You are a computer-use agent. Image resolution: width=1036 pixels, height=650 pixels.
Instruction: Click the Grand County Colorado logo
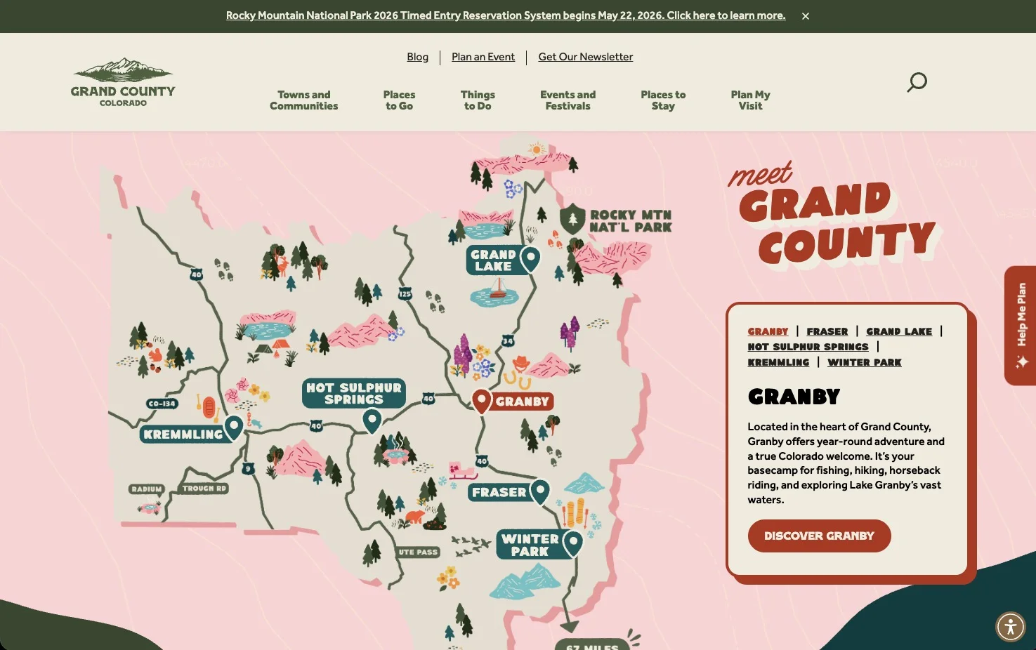[x=123, y=82]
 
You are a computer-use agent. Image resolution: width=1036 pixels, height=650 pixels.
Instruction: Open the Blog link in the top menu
[x=417, y=57]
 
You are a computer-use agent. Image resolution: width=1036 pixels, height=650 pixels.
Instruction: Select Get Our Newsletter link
[x=585, y=57]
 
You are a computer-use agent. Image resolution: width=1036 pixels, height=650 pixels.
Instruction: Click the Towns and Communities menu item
[x=303, y=100]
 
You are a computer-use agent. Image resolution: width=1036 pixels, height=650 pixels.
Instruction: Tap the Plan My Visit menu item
[x=750, y=100]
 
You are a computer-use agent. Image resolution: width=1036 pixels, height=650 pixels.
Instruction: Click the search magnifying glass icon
[x=917, y=82]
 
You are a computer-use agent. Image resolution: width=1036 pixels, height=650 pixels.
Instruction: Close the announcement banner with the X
[x=806, y=16]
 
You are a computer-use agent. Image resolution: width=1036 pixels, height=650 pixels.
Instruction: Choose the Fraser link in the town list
[x=827, y=331]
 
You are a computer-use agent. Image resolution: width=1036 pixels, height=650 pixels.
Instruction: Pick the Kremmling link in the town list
[x=778, y=362]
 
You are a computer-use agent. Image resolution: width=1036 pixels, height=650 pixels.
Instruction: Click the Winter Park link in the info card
[x=864, y=362]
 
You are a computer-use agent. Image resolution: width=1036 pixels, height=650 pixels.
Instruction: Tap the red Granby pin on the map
[x=481, y=401]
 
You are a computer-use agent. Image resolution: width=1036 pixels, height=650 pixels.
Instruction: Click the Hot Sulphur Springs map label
[x=354, y=394]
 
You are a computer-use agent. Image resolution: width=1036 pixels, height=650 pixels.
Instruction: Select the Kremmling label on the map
[x=183, y=435]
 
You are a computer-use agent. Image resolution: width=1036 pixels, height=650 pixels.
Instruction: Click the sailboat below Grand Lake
[x=498, y=288]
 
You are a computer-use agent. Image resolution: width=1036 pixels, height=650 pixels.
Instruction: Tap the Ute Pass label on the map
[x=418, y=552]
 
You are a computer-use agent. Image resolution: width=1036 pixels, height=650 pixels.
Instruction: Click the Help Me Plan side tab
[x=1021, y=325]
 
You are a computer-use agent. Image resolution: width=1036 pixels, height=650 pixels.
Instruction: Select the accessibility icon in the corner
[x=1010, y=627]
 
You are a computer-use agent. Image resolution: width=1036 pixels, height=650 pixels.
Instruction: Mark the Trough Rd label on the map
[x=204, y=489]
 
